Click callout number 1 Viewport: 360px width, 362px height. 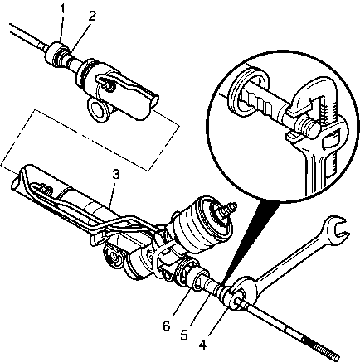point(63,9)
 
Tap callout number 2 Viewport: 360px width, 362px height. point(92,17)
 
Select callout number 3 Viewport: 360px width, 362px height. point(116,175)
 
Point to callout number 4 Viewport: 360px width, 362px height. point(202,345)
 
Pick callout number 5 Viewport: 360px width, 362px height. point(184,335)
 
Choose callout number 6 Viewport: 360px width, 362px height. point(166,326)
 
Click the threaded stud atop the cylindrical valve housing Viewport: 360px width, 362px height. point(229,208)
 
